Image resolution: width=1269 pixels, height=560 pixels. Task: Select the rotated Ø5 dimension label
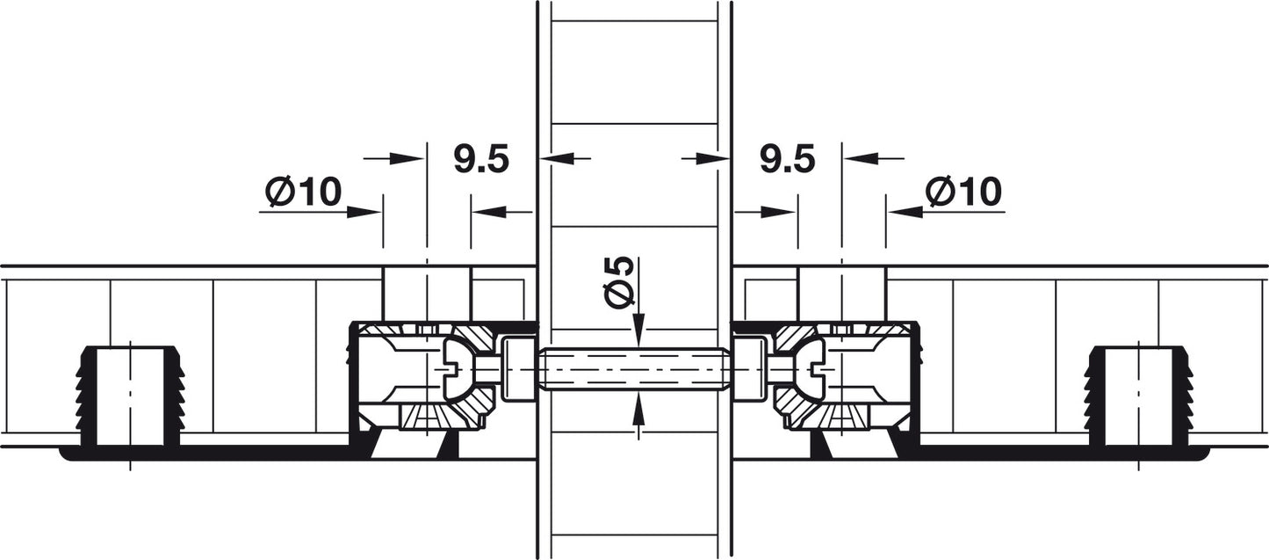pos(618,282)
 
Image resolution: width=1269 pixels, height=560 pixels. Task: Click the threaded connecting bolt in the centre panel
pos(634,369)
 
